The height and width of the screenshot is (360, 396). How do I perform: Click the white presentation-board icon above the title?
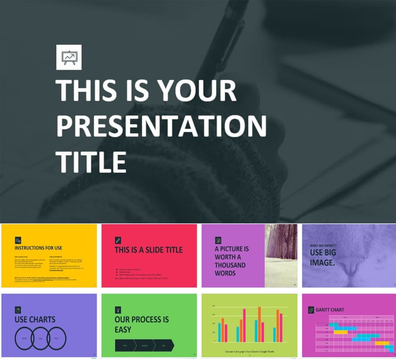pos(69,58)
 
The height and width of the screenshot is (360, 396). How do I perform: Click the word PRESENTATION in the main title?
pos(161,126)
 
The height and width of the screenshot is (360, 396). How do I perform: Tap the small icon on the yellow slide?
pos(18,240)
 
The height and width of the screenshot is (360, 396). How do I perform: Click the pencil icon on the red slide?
pos(118,240)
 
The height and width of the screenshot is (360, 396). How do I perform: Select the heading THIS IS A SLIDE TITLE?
pos(148,250)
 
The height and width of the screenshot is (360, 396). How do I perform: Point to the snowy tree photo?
pos(281,255)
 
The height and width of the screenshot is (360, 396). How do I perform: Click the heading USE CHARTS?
pos(35,320)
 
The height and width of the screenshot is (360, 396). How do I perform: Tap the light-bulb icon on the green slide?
pos(118,309)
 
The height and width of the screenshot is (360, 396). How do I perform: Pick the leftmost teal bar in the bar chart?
pos(220,332)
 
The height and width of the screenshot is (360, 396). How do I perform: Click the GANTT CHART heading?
pos(330,310)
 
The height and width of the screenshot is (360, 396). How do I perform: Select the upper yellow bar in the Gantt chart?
pos(341,332)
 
